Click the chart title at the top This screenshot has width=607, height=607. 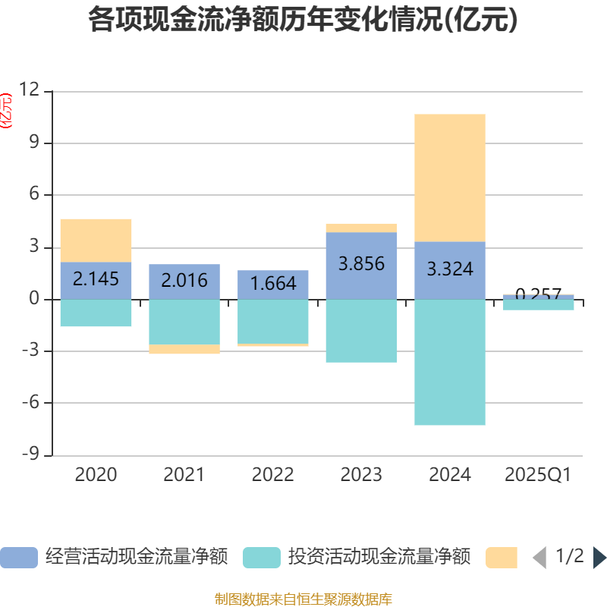click(303, 20)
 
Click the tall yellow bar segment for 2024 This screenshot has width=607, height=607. click(450, 178)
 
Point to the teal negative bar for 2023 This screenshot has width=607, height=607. click(362, 331)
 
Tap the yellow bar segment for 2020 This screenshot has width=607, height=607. click(96, 240)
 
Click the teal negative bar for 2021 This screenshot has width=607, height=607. click(184, 322)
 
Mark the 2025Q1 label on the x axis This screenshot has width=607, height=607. click(538, 475)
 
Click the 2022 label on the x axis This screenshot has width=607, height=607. click(273, 475)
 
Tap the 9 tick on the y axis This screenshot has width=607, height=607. click(33, 143)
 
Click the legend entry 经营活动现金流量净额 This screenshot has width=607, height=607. click(114, 557)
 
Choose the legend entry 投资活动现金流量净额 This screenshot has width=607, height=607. click(357, 557)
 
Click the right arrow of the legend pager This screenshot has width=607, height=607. click(599, 558)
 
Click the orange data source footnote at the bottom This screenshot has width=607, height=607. click(303, 599)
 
